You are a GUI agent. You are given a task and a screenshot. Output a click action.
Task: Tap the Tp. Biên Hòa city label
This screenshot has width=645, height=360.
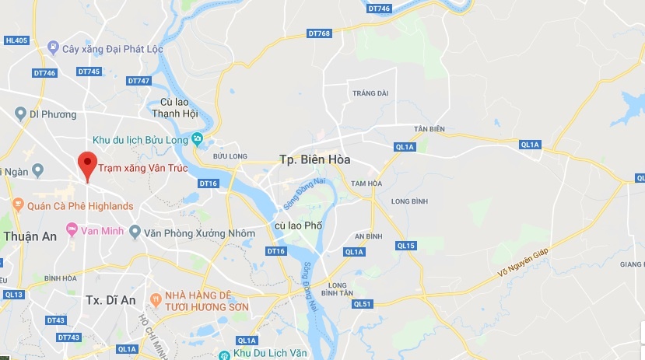pos(314,159)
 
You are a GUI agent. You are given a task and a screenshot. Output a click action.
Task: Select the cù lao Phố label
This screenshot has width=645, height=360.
pos(298,225)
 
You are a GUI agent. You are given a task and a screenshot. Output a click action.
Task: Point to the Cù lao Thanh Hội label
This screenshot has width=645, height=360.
pos(179,107)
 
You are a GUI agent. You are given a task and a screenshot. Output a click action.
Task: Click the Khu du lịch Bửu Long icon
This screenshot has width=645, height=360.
pos(198,139)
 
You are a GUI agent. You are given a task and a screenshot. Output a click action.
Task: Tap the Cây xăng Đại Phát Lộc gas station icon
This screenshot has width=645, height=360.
pos(52,48)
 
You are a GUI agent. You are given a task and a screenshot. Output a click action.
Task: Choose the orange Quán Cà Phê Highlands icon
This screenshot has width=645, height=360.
pos(17,205)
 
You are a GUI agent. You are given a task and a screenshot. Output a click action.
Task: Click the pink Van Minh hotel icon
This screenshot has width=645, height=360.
pos(72,230)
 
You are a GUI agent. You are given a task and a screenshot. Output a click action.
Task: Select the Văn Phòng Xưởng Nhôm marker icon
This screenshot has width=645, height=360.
pos(134,232)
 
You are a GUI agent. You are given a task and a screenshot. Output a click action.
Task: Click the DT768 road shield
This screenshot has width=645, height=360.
pos(319,33)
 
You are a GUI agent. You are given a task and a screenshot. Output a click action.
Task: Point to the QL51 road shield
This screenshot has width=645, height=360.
pos(363,303)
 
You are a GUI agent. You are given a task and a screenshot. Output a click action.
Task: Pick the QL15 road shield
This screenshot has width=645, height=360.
pos(405,246)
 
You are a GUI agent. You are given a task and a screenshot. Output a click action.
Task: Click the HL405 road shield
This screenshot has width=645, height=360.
pos(16,40)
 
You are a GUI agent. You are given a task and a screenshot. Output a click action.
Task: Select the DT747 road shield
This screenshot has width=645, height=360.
pos(138,81)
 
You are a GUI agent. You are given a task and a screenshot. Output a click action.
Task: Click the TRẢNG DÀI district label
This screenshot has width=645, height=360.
pos(370,93)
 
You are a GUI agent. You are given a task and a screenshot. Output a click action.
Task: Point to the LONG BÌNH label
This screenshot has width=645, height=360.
pos(410,201)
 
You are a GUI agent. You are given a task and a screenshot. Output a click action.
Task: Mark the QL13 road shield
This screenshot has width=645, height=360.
pos(13,295)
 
